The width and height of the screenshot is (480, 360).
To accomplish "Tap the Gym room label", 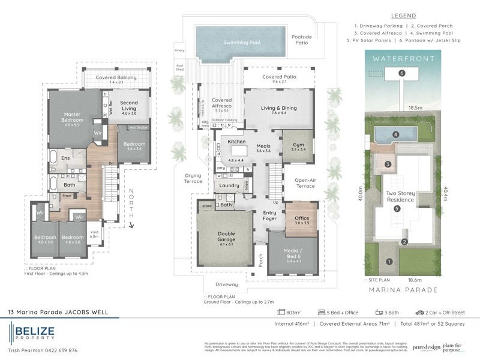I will tap(298, 146).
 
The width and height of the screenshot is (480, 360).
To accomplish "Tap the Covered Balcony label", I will tap(118, 78).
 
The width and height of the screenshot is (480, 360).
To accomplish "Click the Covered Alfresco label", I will tap(221, 103).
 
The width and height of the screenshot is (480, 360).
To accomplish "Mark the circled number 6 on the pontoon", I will tap(403, 73).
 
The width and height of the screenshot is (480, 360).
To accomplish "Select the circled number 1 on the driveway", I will tap(389, 261).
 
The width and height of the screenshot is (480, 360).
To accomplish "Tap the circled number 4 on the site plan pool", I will tap(395, 134).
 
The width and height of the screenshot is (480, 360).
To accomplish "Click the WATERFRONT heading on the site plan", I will tap(403, 59).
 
